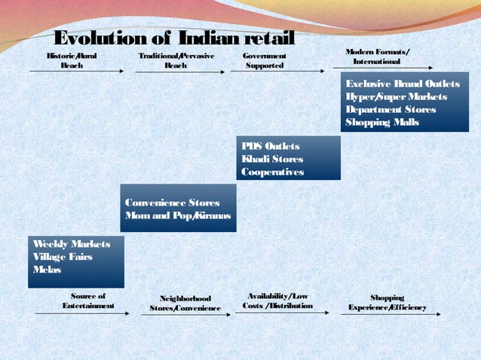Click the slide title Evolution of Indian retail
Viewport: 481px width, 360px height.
(x=175, y=38)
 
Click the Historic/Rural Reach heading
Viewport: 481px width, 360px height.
(x=72, y=60)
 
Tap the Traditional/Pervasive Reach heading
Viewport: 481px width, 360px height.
(x=176, y=60)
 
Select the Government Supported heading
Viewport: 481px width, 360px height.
(x=265, y=60)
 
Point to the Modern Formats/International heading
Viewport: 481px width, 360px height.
(x=378, y=55)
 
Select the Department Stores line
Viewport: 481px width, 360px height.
(x=391, y=109)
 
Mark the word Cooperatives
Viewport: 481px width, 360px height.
(x=273, y=172)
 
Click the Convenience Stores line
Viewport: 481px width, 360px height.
(x=173, y=203)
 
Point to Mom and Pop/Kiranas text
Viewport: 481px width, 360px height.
(x=178, y=216)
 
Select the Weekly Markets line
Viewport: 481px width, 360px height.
(x=71, y=244)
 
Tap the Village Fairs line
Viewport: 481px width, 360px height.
(x=62, y=257)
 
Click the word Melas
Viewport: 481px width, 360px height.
(x=47, y=270)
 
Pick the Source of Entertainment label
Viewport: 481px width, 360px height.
(x=88, y=301)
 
